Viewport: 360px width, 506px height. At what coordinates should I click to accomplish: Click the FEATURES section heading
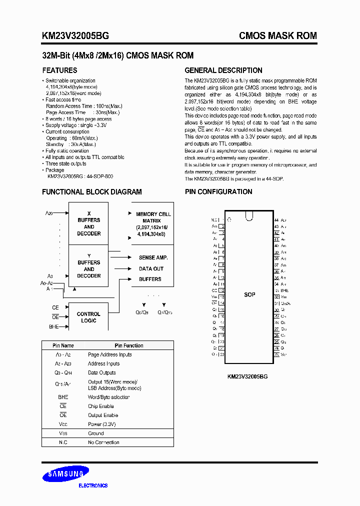pos(59,70)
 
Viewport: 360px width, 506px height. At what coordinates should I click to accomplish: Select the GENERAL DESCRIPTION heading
pos(223,70)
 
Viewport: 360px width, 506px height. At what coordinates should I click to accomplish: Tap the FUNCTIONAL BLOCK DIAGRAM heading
pos(91,192)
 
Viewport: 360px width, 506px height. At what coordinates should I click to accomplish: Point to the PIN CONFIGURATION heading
pos(218,192)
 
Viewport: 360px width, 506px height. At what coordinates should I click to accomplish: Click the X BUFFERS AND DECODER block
pos(88,223)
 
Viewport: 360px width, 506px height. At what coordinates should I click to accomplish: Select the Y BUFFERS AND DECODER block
pos(88,266)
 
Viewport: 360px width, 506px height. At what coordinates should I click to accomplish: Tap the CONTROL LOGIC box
pos(88,317)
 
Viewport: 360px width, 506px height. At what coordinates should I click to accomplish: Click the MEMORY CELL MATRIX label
pos(153,220)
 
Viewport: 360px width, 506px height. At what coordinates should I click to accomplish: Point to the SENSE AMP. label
pos(153,257)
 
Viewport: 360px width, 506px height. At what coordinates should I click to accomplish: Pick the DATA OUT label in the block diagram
pos(151,268)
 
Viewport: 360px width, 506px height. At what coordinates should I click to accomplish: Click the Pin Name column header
pos(63,345)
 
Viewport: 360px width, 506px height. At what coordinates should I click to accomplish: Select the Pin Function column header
pos(128,345)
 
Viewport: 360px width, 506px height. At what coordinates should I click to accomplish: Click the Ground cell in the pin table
pos(96,433)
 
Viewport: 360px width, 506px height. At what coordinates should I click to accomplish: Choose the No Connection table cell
pos(103,442)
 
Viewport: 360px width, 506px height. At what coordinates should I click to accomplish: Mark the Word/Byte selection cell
pos(108,397)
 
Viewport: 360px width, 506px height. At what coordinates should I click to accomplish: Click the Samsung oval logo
pos(65,474)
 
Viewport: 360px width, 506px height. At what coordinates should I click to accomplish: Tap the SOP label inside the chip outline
pos(249,294)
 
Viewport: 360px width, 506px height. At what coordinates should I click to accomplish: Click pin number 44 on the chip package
pos(276,220)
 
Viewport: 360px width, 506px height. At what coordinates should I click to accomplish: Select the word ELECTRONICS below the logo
pos(93,485)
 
